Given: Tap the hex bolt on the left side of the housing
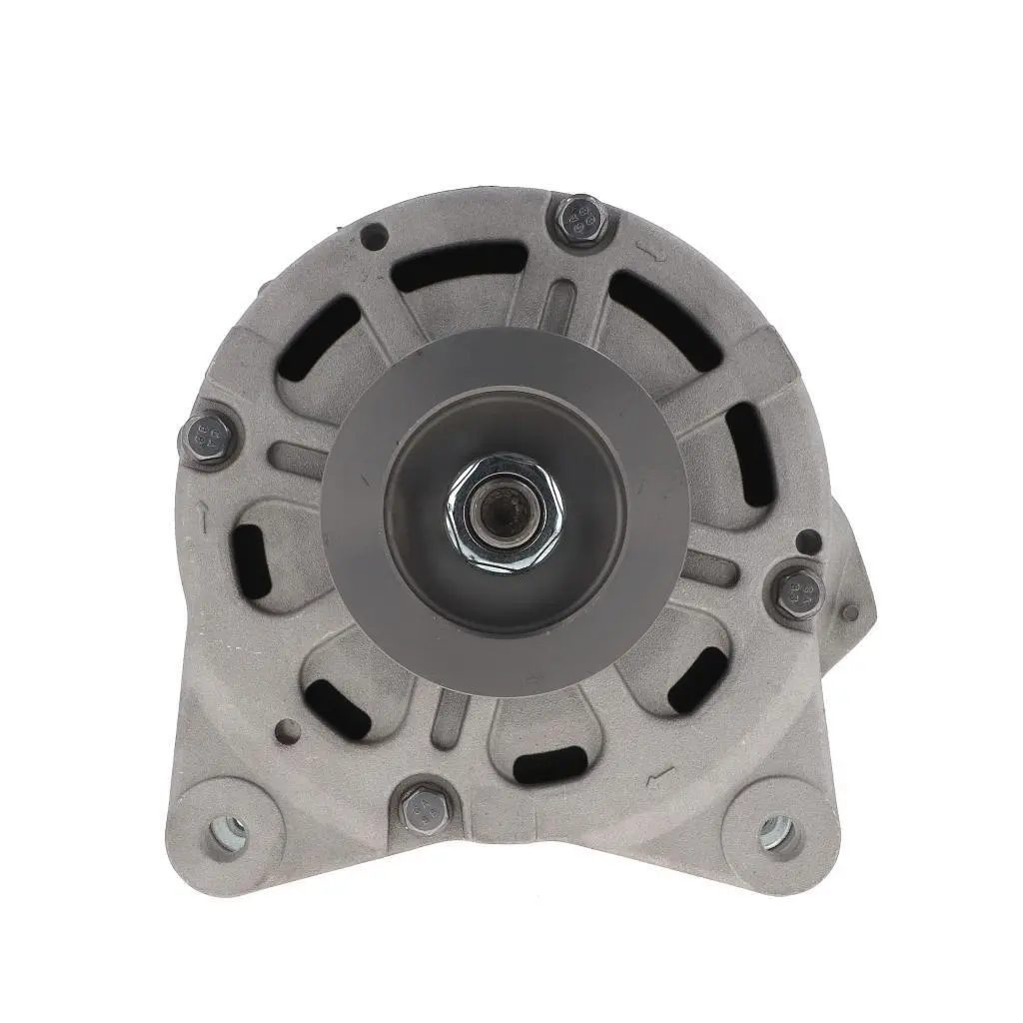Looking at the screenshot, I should (x=208, y=437).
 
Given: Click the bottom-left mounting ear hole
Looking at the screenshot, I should (x=228, y=830).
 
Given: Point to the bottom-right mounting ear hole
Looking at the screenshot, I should (x=776, y=831).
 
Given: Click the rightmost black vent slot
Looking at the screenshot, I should (x=749, y=455).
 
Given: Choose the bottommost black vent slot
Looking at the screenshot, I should (x=548, y=764).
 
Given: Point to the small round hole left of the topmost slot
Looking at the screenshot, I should (x=375, y=237).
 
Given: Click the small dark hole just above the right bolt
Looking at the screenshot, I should (x=810, y=542).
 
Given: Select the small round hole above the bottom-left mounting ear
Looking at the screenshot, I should (x=287, y=728).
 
